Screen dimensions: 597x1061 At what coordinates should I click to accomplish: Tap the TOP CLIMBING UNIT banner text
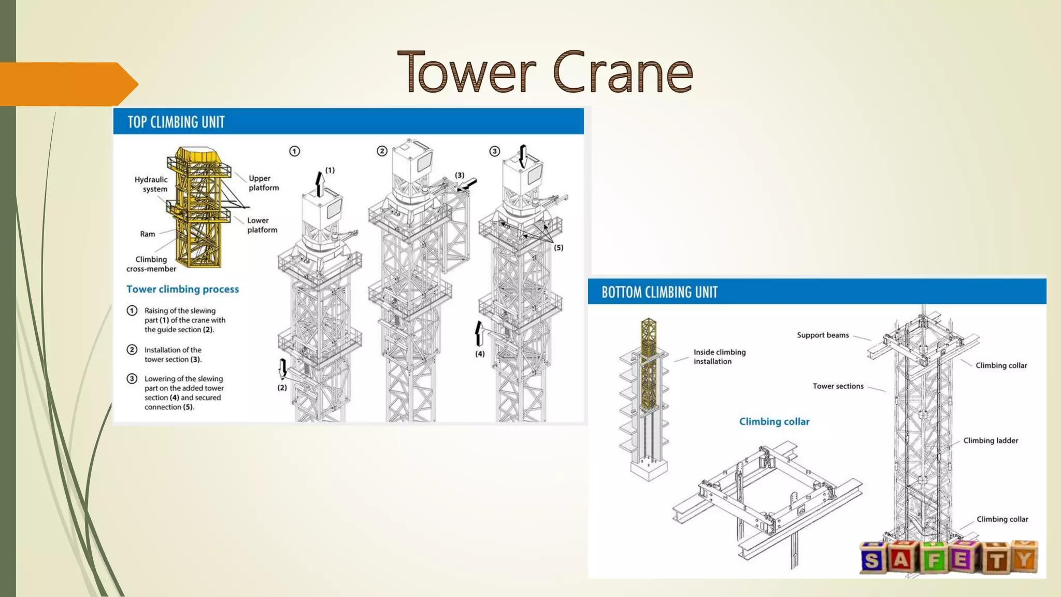176,122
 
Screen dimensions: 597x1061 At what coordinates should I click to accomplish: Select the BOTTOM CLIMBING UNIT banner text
659,292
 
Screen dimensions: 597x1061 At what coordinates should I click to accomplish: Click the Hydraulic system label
151,184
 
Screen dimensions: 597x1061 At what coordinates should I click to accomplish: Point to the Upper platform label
264,183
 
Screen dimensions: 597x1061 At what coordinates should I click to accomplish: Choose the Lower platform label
262,225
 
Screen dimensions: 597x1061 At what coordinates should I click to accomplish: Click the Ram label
148,234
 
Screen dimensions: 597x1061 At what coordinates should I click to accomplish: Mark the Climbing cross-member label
151,264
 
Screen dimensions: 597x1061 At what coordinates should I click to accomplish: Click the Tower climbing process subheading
183,289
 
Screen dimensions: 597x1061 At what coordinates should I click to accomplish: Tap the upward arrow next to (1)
320,184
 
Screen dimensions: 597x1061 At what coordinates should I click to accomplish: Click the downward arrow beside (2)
283,368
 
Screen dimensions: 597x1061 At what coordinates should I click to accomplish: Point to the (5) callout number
558,248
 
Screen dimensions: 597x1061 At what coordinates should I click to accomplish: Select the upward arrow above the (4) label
479,333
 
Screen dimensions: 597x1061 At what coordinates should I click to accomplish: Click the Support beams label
823,335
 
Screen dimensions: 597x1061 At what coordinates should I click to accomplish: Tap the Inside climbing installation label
720,357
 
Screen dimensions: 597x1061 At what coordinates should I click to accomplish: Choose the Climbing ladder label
991,440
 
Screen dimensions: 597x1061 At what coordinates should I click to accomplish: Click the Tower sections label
838,386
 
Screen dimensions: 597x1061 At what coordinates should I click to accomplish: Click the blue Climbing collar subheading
774,422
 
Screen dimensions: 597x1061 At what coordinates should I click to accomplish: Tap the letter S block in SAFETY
872,560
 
